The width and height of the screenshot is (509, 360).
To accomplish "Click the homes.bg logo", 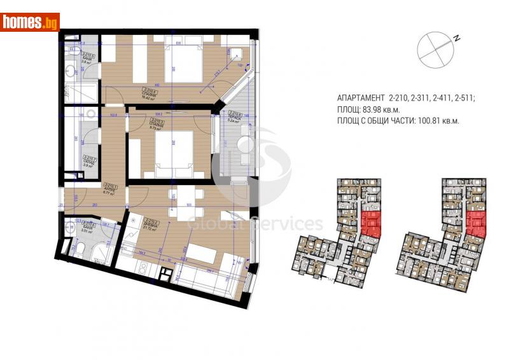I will [30, 22].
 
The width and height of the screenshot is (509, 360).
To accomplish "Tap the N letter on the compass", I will [456, 38].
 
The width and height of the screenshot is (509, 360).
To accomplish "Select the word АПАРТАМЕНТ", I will [359, 99].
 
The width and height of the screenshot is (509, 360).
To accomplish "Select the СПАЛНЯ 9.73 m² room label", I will [155, 123].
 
